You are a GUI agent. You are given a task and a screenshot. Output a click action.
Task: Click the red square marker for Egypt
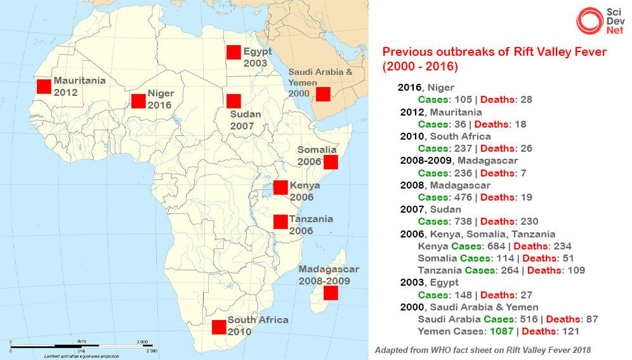233,53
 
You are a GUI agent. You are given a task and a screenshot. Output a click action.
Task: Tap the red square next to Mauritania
43,86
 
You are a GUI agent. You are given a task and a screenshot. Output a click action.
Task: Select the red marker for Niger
138,100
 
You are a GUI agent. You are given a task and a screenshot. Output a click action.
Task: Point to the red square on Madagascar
331,293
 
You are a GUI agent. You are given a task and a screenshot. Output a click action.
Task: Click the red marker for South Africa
219,327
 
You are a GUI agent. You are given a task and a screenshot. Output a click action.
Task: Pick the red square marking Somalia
330,162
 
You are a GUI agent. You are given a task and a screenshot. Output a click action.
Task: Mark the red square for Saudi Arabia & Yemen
323,94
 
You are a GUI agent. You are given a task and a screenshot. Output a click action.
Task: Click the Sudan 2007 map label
242,121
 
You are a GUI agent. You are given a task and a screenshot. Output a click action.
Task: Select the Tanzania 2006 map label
310,225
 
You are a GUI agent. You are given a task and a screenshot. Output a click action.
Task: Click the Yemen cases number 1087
501,331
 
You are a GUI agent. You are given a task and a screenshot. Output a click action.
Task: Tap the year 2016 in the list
409,88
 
